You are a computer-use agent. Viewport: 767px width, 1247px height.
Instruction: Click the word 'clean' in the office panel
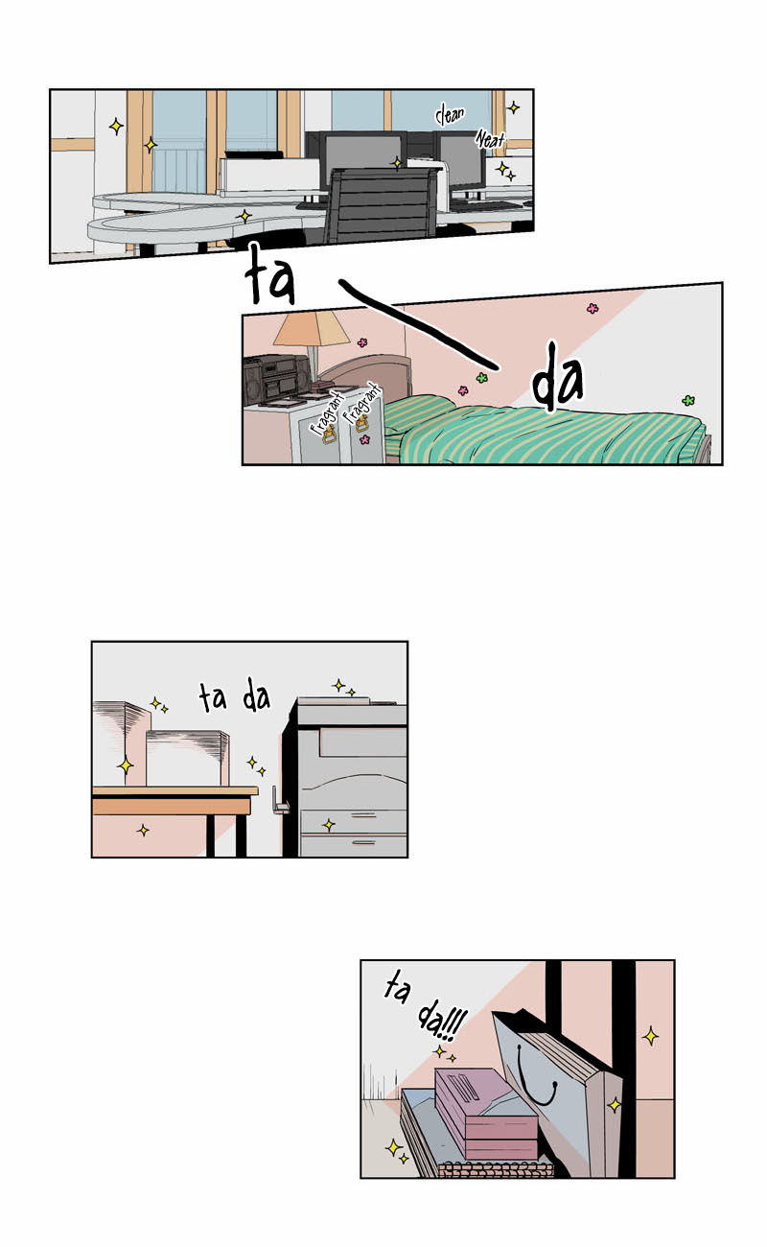click(x=450, y=115)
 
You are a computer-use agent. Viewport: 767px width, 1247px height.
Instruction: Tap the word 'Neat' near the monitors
click(x=490, y=139)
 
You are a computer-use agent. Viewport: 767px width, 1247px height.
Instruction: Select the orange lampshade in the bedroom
click(x=311, y=327)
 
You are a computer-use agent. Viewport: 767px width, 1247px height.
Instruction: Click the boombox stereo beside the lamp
click(x=277, y=380)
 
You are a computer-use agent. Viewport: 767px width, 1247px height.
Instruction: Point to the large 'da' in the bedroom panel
click(x=557, y=379)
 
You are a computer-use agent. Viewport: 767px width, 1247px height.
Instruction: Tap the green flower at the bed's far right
click(x=688, y=400)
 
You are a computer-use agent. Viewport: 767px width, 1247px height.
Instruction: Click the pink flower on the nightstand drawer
click(x=364, y=439)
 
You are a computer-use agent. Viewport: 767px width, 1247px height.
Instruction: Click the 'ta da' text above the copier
click(x=234, y=697)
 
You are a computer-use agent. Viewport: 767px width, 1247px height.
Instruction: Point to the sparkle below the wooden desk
click(x=143, y=831)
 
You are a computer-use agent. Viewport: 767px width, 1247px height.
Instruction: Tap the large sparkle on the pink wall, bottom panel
click(x=650, y=1036)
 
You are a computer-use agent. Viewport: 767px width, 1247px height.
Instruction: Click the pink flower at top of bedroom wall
click(x=593, y=308)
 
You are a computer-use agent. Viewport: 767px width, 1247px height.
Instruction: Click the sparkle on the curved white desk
click(x=244, y=216)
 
